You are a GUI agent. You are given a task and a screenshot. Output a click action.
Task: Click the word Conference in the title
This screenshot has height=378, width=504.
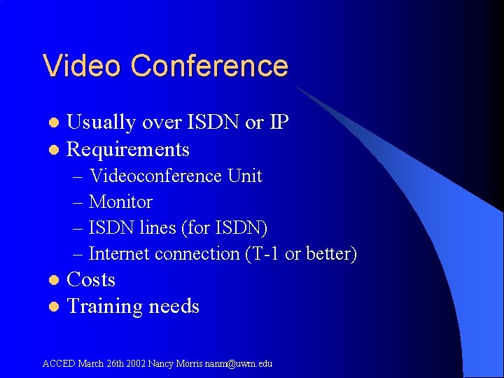209,66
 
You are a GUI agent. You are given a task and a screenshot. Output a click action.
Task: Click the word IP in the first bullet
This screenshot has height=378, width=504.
279,122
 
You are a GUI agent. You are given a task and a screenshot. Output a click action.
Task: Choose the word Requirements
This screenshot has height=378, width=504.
127,150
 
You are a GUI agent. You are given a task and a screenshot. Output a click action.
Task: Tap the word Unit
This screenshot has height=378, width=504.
244,176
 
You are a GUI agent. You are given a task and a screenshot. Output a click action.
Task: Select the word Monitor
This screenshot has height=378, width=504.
120,202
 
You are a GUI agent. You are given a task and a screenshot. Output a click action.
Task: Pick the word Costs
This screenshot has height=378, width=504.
90,280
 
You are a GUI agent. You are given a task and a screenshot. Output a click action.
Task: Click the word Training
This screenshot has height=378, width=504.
104,307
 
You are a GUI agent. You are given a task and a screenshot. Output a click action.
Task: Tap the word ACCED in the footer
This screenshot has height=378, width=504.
59,363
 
